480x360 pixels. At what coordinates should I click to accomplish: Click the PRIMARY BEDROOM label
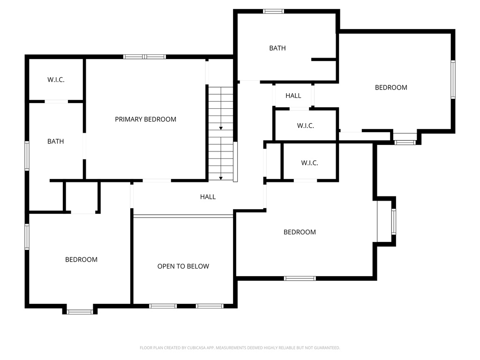(x=145, y=120)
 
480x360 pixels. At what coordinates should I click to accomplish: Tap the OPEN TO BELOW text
(x=183, y=266)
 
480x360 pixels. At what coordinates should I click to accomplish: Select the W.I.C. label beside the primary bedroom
(x=56, y=80)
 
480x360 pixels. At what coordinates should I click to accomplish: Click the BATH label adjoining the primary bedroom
(x=55, y=141)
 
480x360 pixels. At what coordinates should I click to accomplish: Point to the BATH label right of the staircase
(x=277, y=48)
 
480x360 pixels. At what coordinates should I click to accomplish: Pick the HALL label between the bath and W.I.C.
(x=293, y=96)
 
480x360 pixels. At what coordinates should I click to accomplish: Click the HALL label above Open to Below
(x=208, y=197)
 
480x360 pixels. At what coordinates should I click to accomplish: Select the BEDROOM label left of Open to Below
(x=81, y=259)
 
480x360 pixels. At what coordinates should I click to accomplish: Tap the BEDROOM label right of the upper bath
(x=391, y=87)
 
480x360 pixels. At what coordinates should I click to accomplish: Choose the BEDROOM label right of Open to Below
(x=300, y=232)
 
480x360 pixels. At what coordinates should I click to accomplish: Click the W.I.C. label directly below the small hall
(x=305, y=126)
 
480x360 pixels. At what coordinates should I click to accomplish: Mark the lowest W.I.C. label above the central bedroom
(x=309, y=163)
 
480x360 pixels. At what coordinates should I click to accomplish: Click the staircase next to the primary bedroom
(x=221, y=133)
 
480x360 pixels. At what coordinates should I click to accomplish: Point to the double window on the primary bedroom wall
(x=144, y=57)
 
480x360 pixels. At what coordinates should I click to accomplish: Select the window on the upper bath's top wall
(x=273, y=11)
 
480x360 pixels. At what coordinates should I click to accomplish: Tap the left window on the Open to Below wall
(x=163, y=306)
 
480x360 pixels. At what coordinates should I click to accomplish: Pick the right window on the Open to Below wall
(x=209, y=306)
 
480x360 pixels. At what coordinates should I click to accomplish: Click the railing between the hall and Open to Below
(x=183, y=216)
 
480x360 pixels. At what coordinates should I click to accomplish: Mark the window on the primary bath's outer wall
(x=27, y=156)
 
